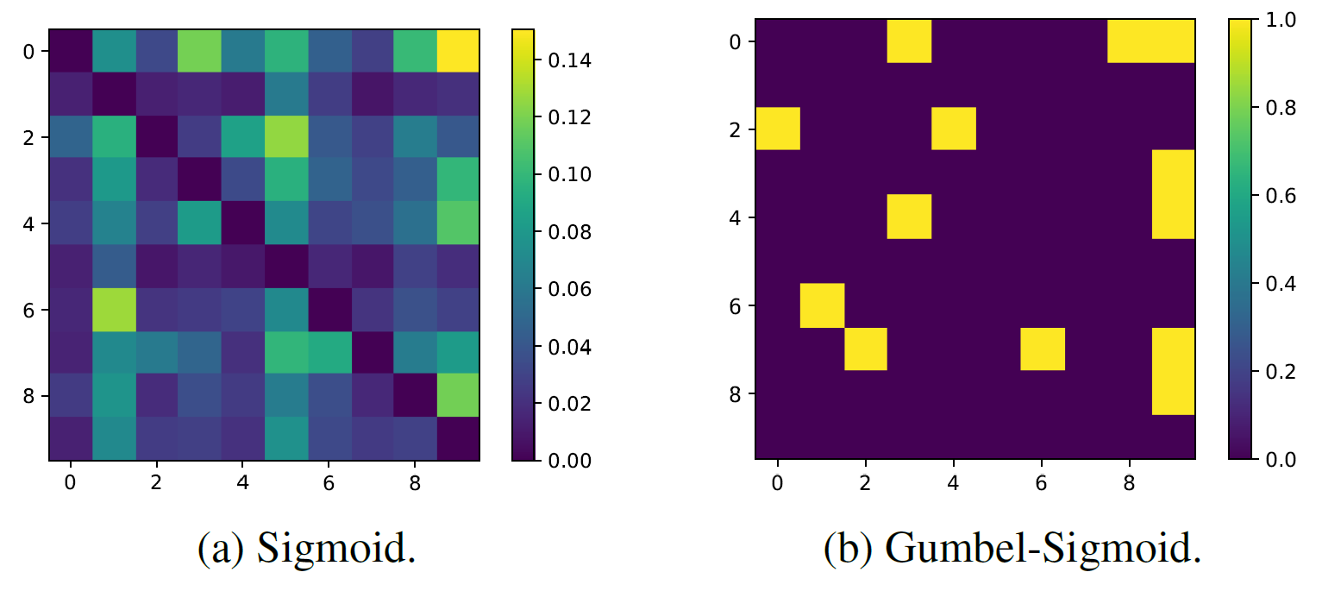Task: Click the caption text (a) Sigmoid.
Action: point(307,550)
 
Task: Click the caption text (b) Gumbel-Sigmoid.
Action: point(1012,550)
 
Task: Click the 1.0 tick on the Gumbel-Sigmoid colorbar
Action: point(1266,19)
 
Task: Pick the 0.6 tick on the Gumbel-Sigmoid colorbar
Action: point(1266,196)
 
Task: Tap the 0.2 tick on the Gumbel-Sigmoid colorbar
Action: point(1266,372)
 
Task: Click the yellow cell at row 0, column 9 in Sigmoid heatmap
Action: point(459,52)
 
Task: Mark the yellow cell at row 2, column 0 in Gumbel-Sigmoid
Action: point(778,129)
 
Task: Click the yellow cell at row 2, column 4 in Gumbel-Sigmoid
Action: point(954,129)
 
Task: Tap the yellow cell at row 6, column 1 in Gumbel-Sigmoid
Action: point(822,305)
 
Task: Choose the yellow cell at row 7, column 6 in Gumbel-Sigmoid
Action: point(1042,349)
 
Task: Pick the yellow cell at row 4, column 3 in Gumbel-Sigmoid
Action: point(910,217)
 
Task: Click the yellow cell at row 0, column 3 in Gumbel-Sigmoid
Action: point(910,41)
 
